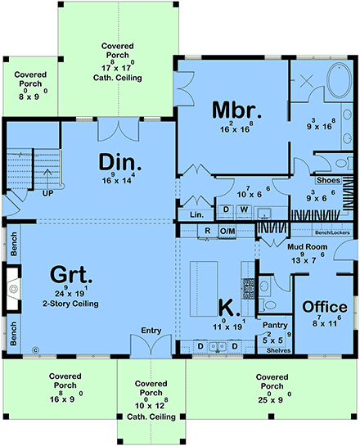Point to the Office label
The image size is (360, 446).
pyautogui.click(x=325, y=307)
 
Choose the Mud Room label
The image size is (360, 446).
pyautogui.click(x=308, y=245)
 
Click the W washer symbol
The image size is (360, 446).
pyautogui.click(x=244, y=209)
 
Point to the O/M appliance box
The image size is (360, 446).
pyautogui.click(x=227, y=232)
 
